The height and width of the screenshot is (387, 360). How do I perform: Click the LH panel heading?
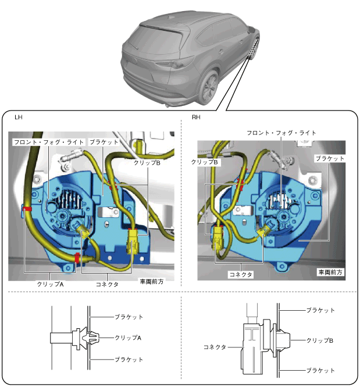click(19, 117)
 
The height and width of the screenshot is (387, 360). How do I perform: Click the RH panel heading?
click(196, 117)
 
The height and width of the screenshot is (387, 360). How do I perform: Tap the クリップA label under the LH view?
click(50, 285)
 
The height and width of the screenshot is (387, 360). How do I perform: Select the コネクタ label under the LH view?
click(107, 285)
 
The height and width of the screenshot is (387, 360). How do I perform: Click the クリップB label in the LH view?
click(147, 163)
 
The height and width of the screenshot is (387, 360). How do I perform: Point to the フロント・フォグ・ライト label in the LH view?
click(49, 142)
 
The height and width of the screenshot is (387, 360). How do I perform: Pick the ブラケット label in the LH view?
click(104, 142)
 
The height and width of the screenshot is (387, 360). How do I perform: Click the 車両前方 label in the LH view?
click(152, 282)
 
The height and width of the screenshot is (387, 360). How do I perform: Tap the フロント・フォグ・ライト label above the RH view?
click(281, 133)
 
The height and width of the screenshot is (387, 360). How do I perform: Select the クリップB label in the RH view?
click(205, 162)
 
